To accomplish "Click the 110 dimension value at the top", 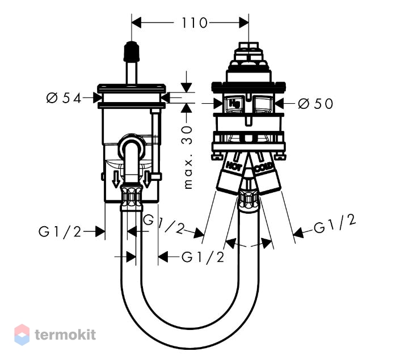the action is [195, 23].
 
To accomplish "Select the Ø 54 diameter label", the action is [64, 98].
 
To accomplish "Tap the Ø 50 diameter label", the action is [315, 104].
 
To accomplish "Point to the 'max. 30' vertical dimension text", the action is [188, 157].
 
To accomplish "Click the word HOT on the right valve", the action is [234, 166].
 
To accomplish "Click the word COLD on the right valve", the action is [263, 167].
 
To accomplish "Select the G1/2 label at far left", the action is [60, 232].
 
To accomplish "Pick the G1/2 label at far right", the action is [334, 224].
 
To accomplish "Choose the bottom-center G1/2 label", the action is [203, 257].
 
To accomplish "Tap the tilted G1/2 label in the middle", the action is [163, 224].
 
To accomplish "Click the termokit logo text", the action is [65, 334].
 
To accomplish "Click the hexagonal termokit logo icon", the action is [22, 334].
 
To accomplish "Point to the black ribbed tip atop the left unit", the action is [131, 51].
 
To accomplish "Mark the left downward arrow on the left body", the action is [116, 179].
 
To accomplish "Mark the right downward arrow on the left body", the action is [146, 179].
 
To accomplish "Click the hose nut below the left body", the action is [131, 197].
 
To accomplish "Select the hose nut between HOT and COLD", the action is [248, 200].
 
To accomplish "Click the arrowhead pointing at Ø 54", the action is [98, 98].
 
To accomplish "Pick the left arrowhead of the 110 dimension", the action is [136, 23].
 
